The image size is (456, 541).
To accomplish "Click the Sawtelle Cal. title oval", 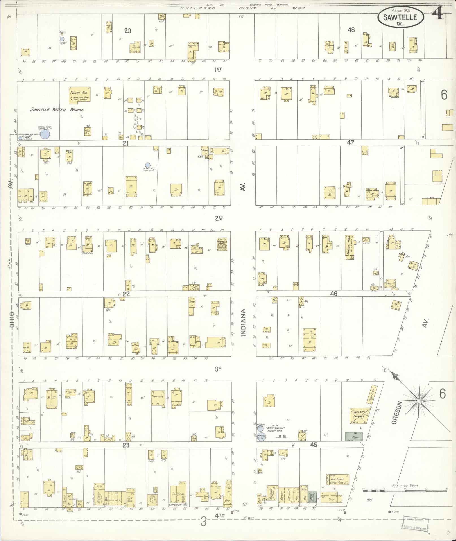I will click(x=400, y=17).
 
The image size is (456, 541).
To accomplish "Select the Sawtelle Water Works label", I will click(x=57, y=110).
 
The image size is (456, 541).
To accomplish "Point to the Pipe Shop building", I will click(x=87, y=132).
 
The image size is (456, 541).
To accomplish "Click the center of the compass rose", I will click(x=419, y=401).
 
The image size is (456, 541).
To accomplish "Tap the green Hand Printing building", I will click(x=312, y=496).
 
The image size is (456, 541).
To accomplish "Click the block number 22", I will click(x=126, y=294).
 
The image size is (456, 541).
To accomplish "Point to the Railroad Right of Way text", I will click(x=243, y=8).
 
